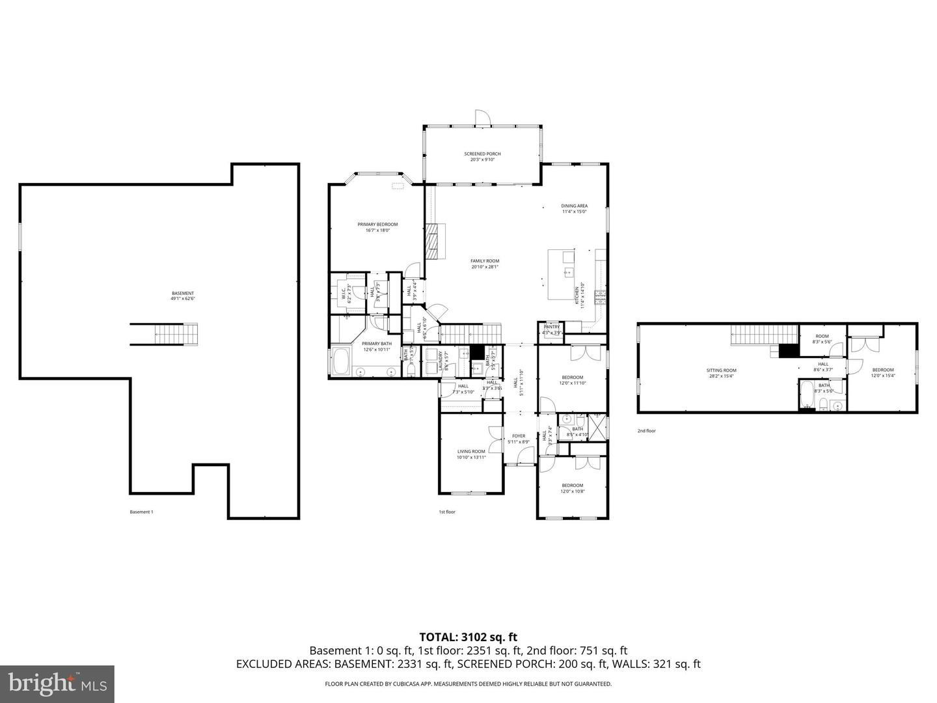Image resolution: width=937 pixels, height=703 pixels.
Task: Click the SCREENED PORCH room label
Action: click(482, 154)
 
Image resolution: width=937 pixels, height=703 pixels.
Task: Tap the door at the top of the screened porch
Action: click(482, 118)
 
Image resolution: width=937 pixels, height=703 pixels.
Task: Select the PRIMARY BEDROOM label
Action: click(377, 225)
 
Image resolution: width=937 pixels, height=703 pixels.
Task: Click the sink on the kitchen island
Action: click(567, 273)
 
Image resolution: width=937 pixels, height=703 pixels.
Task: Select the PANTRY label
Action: click(552, 327)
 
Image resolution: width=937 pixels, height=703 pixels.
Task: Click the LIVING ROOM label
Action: click(471, 451)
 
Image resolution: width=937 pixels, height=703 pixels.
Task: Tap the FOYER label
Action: click(519, 436)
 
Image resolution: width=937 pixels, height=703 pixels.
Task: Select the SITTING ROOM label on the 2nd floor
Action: click(722, 370)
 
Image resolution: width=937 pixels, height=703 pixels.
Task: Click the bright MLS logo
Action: click(57, 683)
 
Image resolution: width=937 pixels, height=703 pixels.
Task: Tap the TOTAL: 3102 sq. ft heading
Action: click(468, 637)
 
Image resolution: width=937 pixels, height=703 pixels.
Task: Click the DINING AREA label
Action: click(575, 206)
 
